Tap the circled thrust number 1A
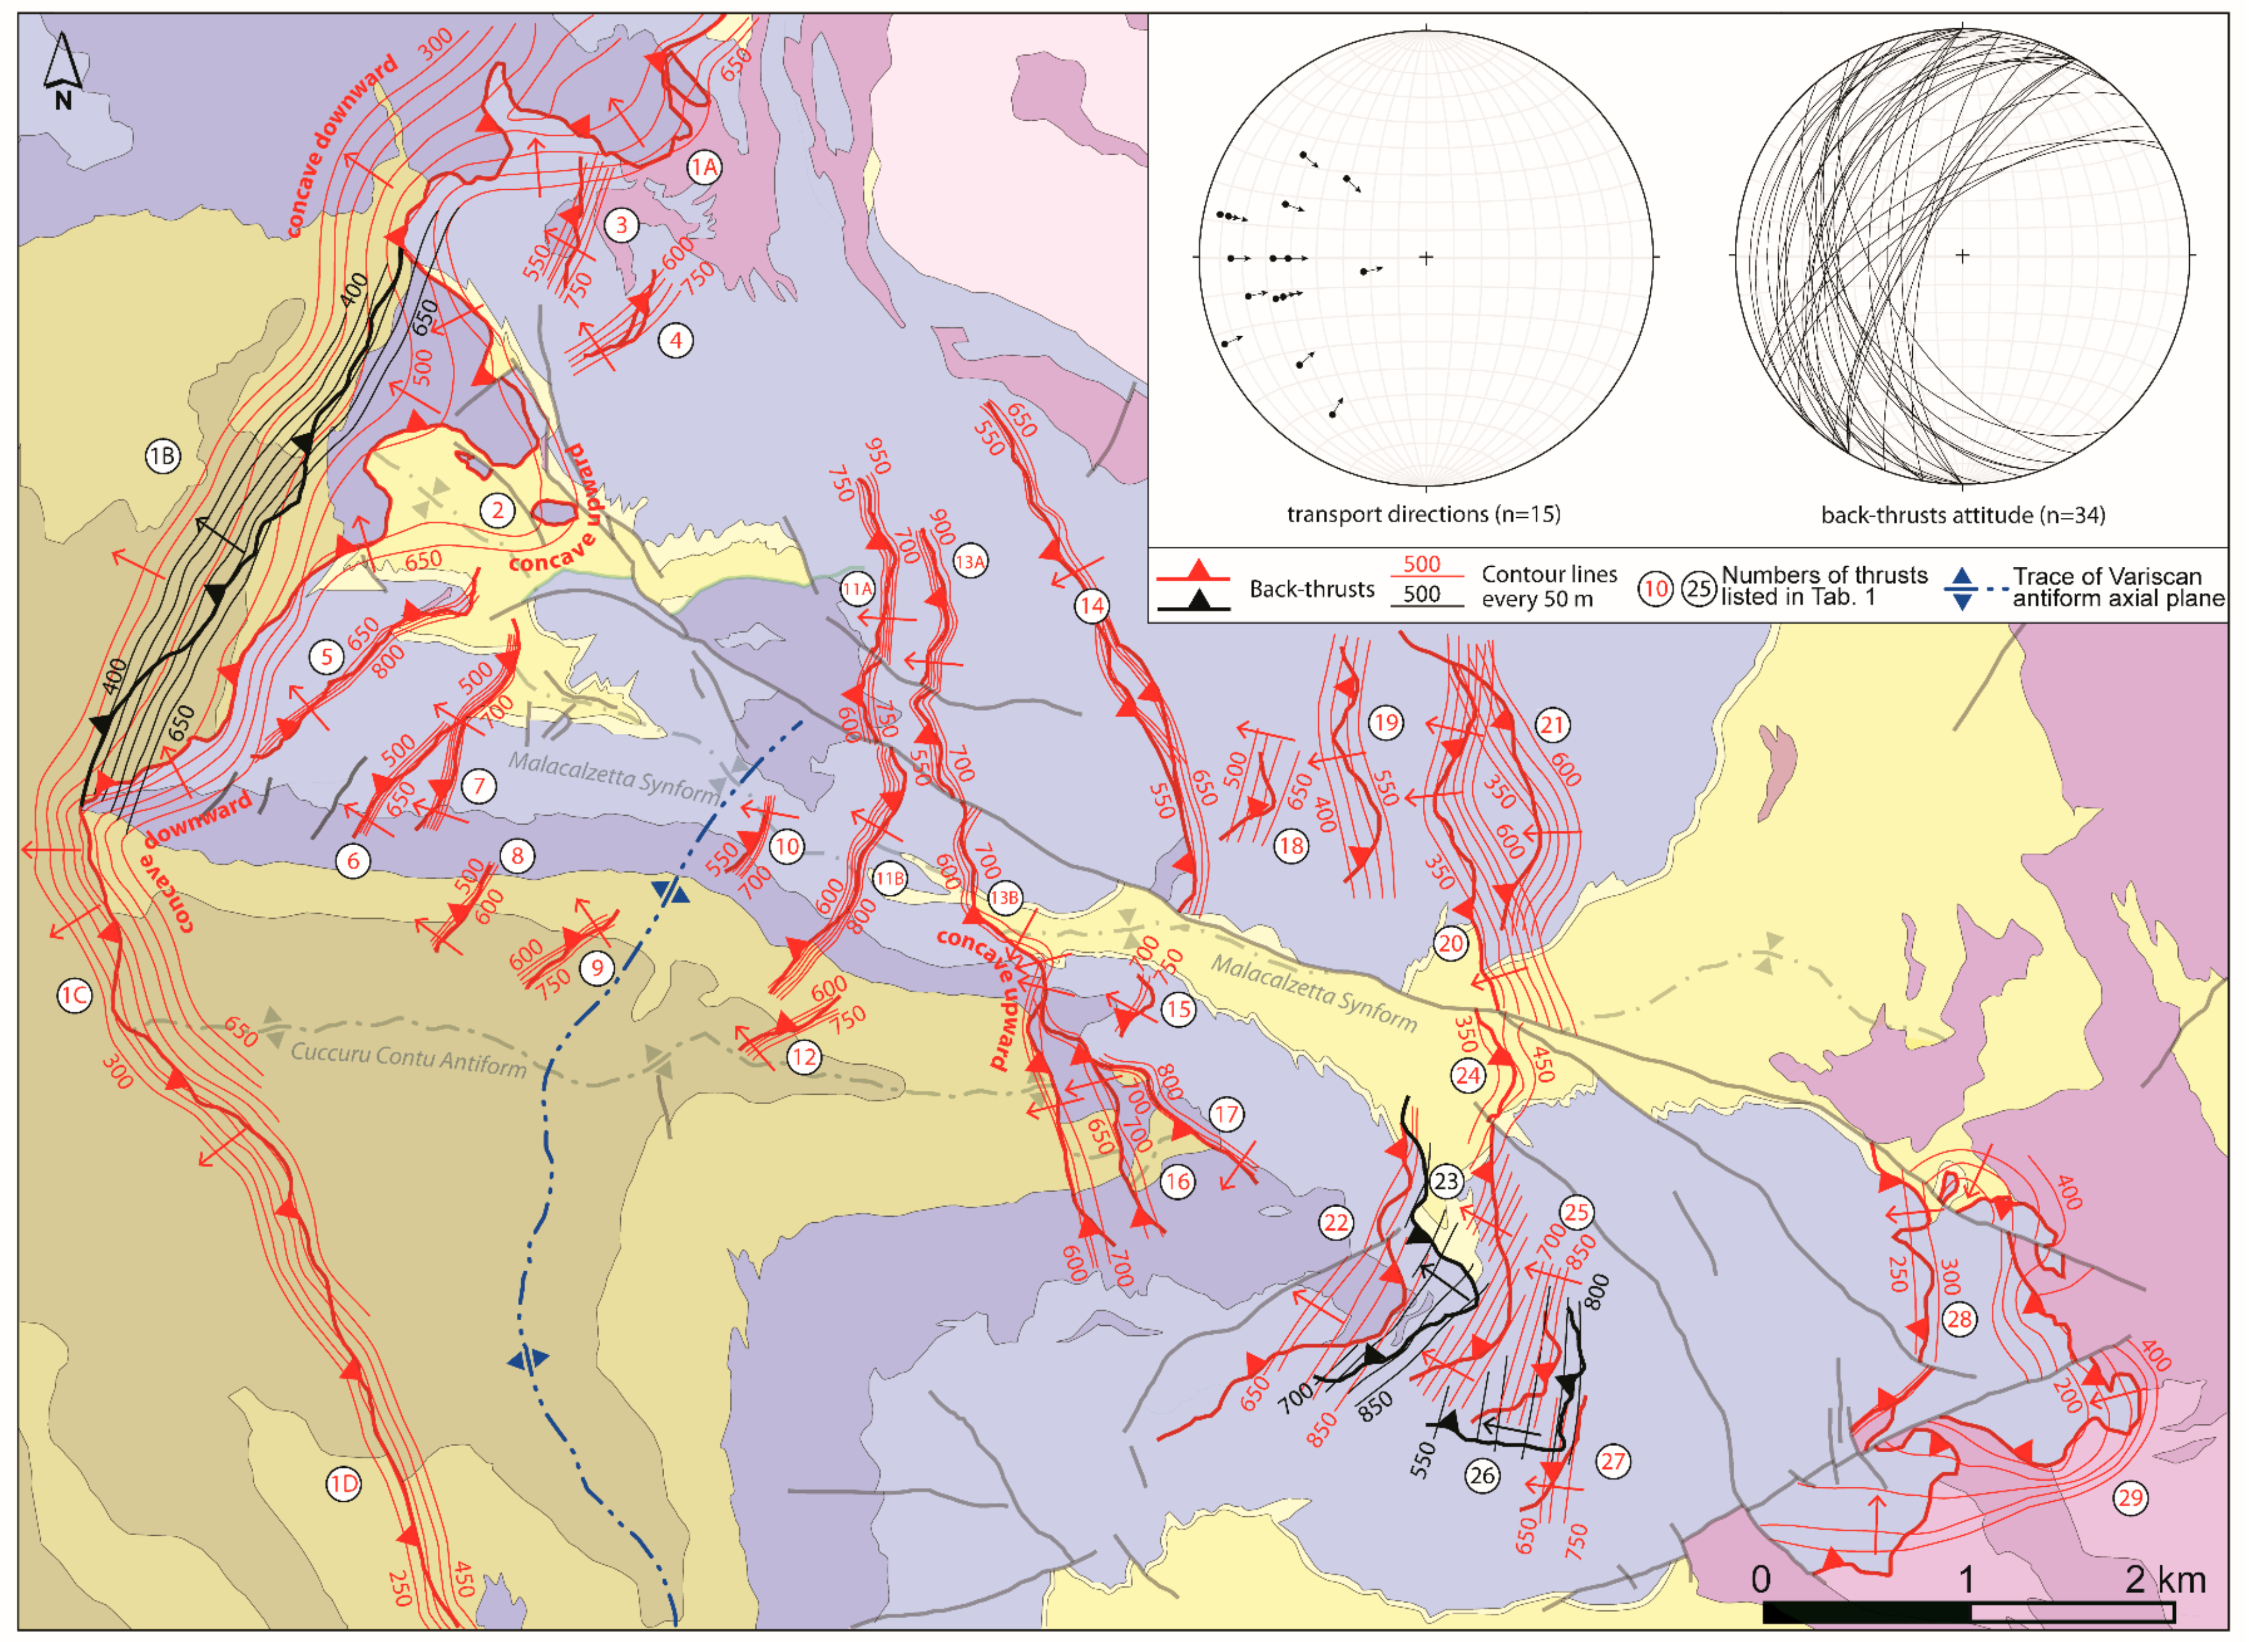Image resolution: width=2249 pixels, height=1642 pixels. (x=703, y=167)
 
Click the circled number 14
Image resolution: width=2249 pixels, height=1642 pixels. (x=1091, y=605)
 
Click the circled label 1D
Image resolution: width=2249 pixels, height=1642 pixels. (x=343, y=1485)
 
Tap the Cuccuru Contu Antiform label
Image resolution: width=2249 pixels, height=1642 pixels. (x=407, y=1059)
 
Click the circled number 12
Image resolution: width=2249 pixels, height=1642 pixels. (x=804, y=1057)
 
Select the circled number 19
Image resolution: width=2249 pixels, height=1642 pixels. (x=1385, y=723)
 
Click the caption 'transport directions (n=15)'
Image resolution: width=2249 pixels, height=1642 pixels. (x=1423, y=514)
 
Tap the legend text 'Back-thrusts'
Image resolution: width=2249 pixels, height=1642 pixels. (x=1311, y=588)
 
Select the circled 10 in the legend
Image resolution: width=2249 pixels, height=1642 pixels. (x=1655, y=588)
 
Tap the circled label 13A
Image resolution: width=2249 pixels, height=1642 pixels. (x=970, y=562)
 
